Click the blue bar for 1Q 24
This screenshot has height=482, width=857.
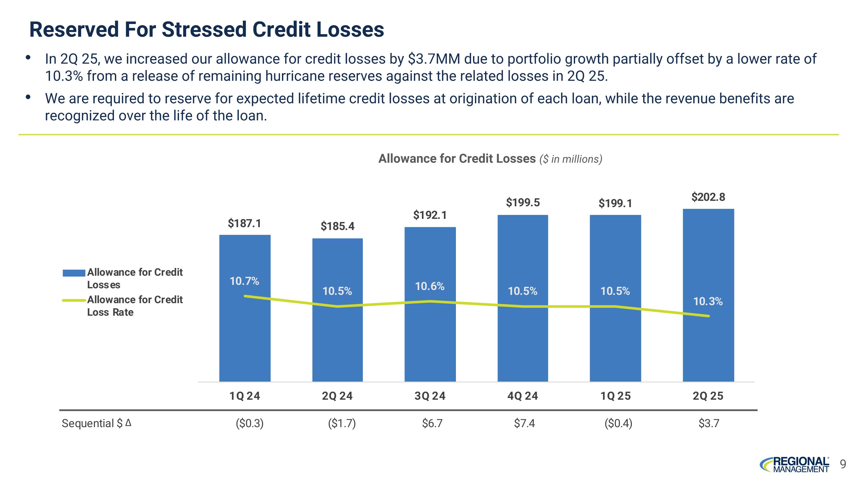point(245,333)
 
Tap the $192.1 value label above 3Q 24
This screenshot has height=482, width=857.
point(430,215)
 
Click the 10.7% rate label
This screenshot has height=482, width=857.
point(244,281)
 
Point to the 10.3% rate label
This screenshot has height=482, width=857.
point(708,302)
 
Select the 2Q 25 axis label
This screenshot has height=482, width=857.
point(708,396)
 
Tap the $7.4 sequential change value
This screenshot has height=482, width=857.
point(524,423)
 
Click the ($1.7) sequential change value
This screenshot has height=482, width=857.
point(342,423)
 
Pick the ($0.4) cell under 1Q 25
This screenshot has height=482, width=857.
point(618,423)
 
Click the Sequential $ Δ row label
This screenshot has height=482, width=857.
point(97,423)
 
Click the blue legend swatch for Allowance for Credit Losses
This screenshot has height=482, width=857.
point(74,273)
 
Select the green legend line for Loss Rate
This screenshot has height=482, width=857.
point(74,300)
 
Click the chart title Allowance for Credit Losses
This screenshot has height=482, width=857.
point(457,159)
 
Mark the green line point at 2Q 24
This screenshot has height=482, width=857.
point(337,306)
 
